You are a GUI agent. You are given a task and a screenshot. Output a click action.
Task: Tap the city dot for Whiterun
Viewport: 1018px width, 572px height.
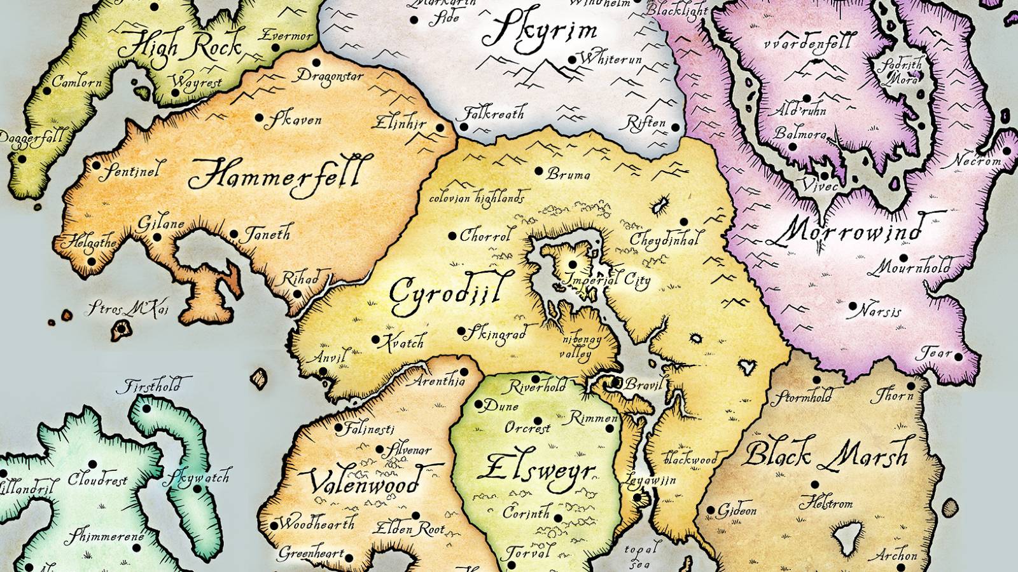click(x=572, y=60)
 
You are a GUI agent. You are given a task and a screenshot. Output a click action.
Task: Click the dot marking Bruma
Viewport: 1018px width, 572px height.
click(x=539, y=171)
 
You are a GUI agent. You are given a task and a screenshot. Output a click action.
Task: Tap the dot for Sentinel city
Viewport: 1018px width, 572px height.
click(x=97, y=166)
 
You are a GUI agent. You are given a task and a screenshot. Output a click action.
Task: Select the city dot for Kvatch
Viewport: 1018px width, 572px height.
click(x=376, y=340)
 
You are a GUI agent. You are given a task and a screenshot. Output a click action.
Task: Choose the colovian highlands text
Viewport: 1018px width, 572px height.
click(x=477, y=198)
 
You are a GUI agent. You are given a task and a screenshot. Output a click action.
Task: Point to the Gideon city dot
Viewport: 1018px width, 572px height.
click(x=711, y=510)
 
